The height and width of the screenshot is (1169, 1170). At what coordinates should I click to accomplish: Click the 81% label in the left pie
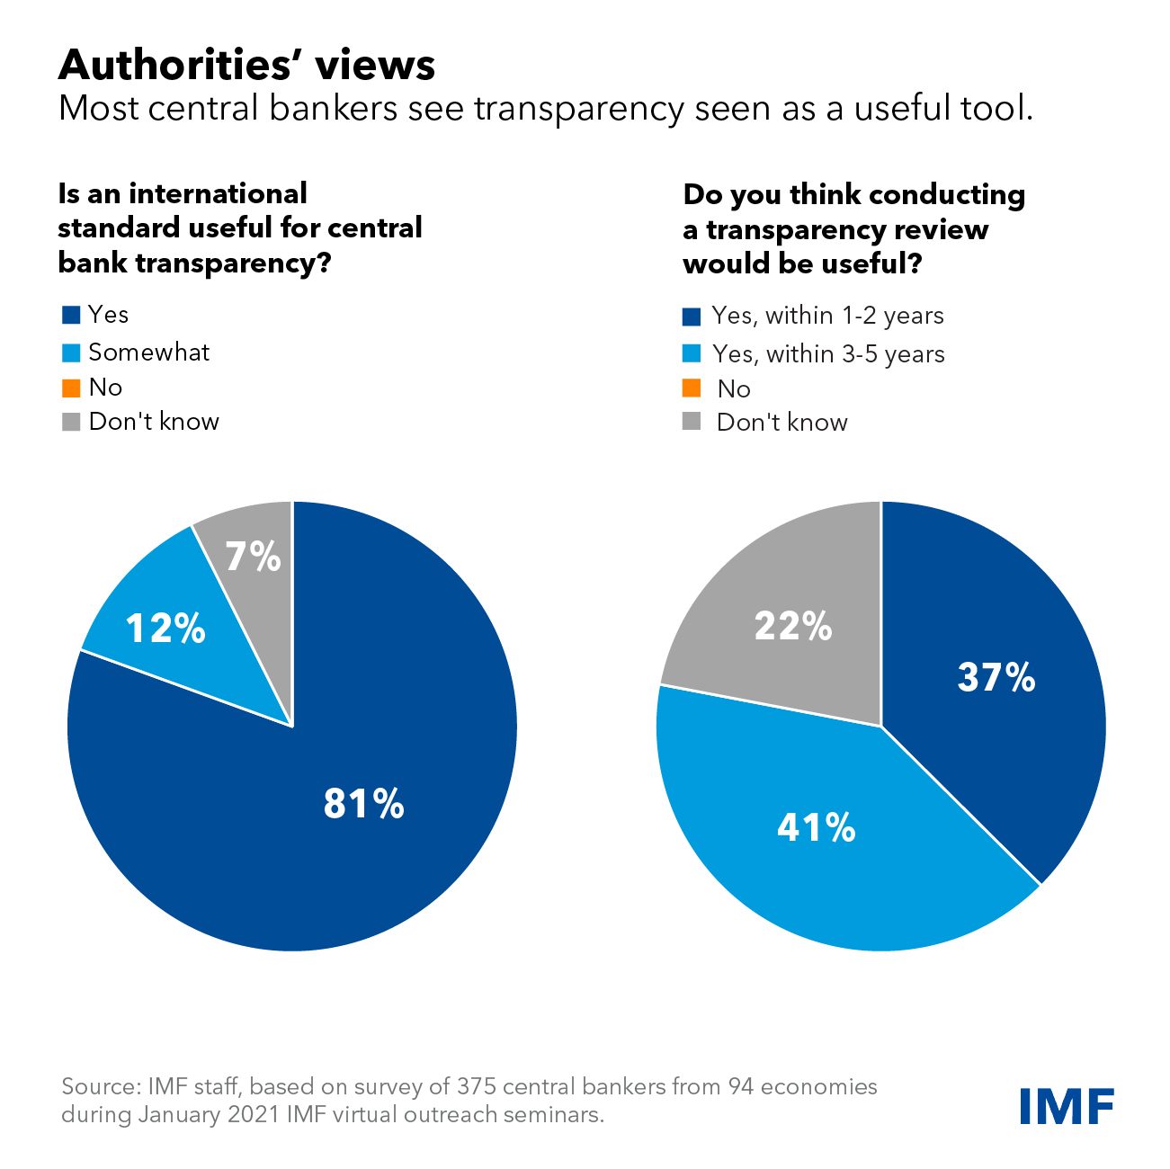click(x=363, y=803)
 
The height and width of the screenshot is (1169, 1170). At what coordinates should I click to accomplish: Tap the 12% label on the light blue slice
click(x=165, y=628)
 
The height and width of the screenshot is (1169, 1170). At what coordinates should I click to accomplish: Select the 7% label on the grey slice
click(x=253, y=557)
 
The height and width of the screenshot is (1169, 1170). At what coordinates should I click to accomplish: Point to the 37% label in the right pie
click(x=996, y=677)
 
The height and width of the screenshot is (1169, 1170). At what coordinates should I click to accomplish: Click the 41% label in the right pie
click(x=816, y=826)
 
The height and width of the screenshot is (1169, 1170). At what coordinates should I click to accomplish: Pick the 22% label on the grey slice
click(x=793, y=625)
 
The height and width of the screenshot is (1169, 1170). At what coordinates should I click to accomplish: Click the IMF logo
click(x=1067, y=1105)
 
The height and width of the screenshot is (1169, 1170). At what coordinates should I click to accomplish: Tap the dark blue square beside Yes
click(x=71, y=315)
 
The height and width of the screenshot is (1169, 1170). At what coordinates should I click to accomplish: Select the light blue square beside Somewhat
click(x=71, y=352)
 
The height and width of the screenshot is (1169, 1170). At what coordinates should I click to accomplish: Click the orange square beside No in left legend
click(x=71, y=388)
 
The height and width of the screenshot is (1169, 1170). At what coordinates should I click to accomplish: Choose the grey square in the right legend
click(x=692, y=422)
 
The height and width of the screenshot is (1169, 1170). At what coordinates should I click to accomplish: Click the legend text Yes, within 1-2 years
click(x=827, y=316)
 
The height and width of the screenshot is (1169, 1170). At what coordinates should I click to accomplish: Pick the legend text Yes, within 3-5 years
click(x=828, y=353)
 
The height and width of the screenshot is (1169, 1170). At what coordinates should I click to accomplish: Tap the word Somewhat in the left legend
click(x=148, y=352)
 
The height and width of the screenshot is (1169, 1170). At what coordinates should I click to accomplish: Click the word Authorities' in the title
click(x=167, y=65)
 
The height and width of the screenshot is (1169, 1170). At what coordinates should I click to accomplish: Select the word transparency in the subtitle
click(x=579, y=108)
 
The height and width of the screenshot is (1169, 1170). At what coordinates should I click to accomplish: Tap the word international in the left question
click(x=218, y=193)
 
